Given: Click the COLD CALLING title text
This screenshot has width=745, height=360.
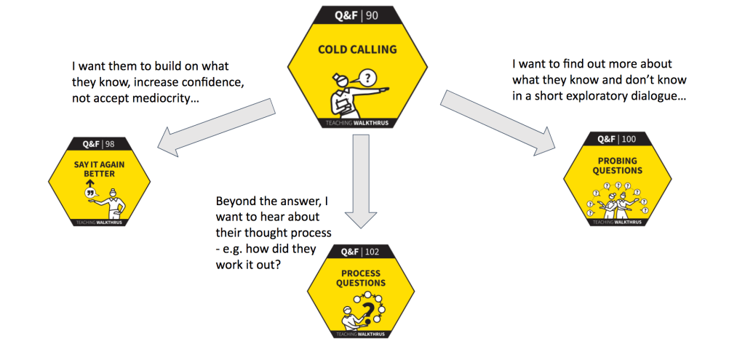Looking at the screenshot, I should [x=357, y=49].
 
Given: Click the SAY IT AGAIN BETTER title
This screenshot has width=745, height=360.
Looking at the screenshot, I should [x=99, y=169].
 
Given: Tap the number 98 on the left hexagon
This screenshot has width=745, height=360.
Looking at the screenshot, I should [x=110, y=144].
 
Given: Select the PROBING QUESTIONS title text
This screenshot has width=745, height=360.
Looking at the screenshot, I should [x=618, y=166].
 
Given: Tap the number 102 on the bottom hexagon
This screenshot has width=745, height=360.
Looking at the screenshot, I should [x=372, y=252].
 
